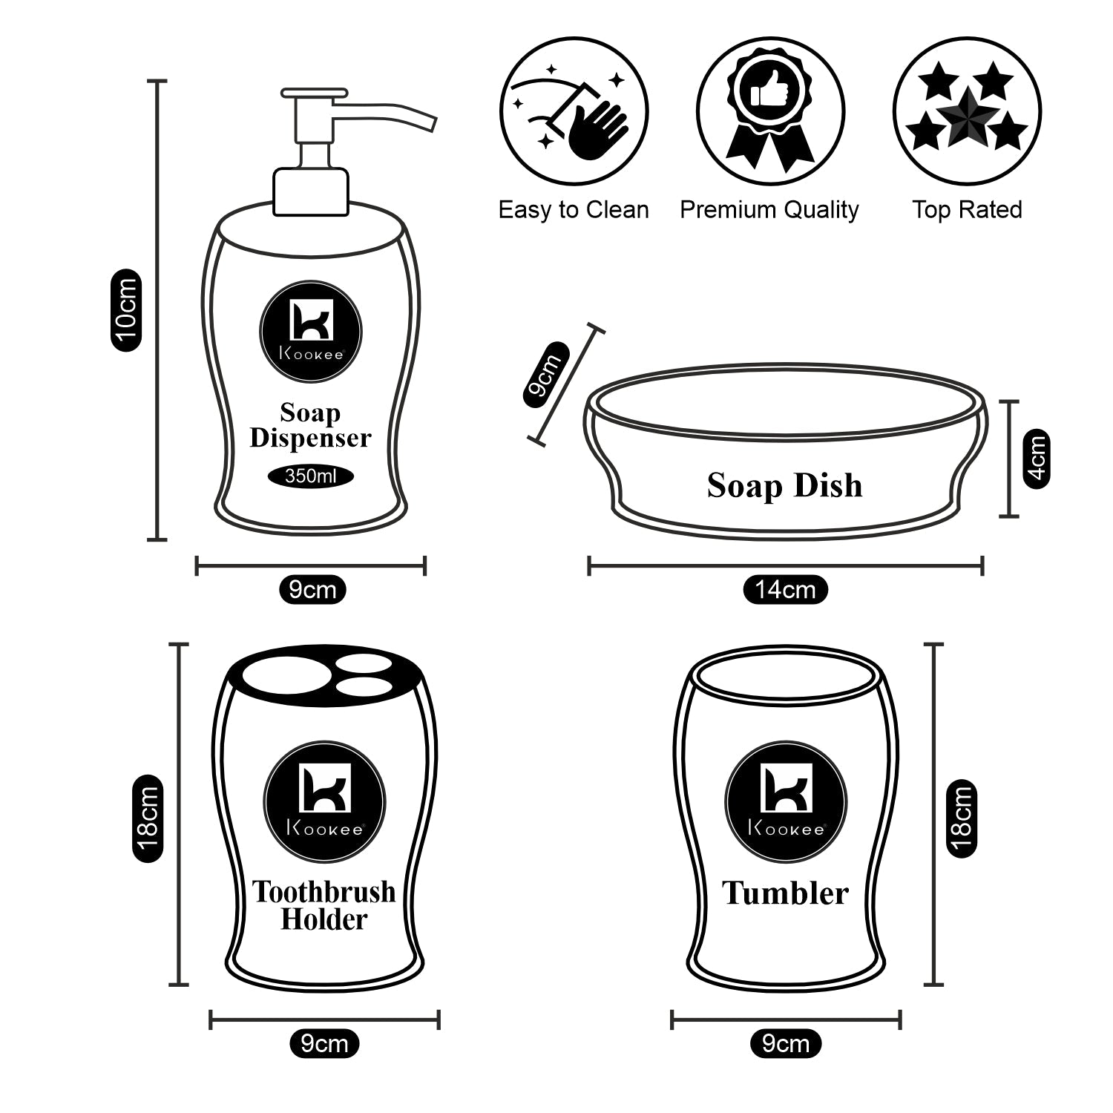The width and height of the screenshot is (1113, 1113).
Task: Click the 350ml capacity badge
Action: pos(311,476)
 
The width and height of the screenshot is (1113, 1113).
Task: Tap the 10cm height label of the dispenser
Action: pos(125,310)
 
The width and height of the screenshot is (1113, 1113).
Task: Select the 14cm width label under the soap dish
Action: pos(785,590)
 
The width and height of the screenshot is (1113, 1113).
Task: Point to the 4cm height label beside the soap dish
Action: pos(1036,458)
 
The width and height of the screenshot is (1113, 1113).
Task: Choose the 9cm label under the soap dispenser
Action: pos(312,590)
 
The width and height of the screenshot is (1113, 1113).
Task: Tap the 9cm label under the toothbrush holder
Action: pos(324,1043)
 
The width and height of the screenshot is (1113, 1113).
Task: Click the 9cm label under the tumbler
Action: pos(786,1043)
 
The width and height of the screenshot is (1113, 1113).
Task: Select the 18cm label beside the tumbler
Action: pos(962,818)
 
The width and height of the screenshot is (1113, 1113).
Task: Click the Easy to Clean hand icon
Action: pos(574,111)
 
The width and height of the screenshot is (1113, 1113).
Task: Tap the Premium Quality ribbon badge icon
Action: pos(770,111)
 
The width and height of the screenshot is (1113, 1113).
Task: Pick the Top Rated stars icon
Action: pos(967,111)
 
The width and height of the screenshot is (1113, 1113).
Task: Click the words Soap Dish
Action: pos(784,486)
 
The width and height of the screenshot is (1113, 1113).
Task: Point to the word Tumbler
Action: pos(785,893)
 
